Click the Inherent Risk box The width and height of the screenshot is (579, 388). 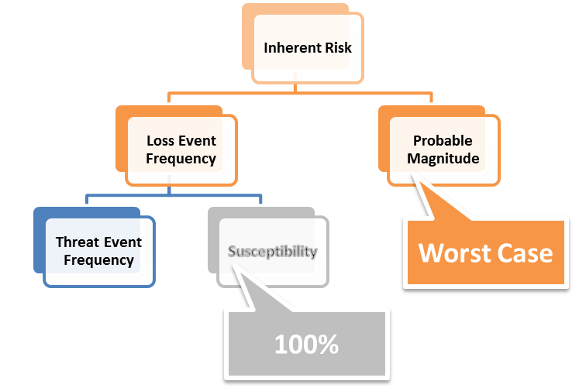pyautogui.click(x=308, y=48)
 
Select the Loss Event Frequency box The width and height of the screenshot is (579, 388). pyautogui.click(x=181, y=149)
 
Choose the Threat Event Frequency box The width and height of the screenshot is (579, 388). pyautogui.click(x=98, y=251)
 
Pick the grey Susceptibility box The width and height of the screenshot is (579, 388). pyautogui.click(x=272, y=252)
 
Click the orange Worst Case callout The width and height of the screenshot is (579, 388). pyautogui.click(x=486, y=253)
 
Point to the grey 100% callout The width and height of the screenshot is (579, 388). pyautogui.click(x=306, y=345)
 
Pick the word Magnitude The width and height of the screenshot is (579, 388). pyautogui.click(x=445, y=159)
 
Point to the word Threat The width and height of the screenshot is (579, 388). pyautogui.click(x=76, y=242)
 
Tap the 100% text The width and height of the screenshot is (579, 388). pyautogui.click(x=306, y=345)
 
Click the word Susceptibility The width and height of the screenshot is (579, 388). pyautogui.click(x=272, y=252)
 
